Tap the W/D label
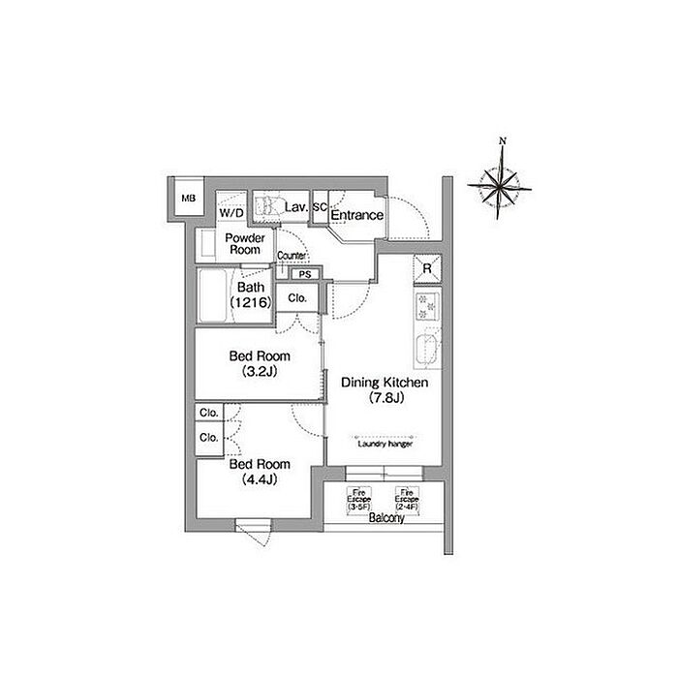pyautogui.click(x=231, y=212)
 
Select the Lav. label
pyautogui.click(x=295, y=208)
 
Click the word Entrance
pyautogui.click(x=357, y=214)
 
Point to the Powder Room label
pyautogui.click(x=244, y=243)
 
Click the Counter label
pyautogui.click(x=292, y=256)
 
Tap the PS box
pyautogui.click(x=304, y=274)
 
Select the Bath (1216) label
pyautogui.click(x=250, y=295)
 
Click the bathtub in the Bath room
pyautogui.click(x=212, y=291)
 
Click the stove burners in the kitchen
pyautogui.click(x=426, y=307)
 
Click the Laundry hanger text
pyautogui.click(x=385, y=444)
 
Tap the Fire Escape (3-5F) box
pyautogui.click(x=360, y=498)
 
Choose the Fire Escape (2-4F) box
pyautogui.click(x=407, y=498)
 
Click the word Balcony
pyautogui.click(x=385, y=519)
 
